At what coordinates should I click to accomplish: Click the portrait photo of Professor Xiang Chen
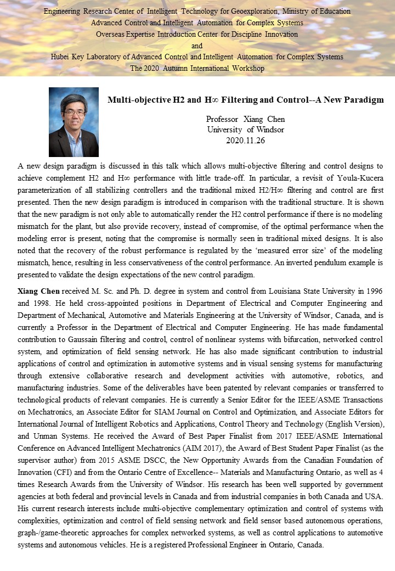74,122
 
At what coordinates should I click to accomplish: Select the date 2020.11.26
245,140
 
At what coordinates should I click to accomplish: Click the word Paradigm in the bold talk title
364,100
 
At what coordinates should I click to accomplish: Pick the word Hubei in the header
61,57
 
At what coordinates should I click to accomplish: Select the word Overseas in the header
111,34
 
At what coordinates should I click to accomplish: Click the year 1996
373,290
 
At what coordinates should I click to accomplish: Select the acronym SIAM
254,411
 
